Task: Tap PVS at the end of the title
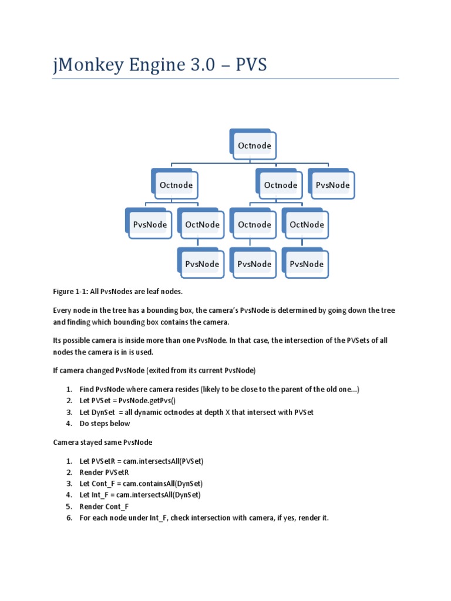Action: pyautogui.click(x=251, y=64)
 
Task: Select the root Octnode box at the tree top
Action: pyautogui.click(x=254, y=144)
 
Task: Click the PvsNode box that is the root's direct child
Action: pyautogui.click(x=332, y=185)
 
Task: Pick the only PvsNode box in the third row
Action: pyautogui.click(x=150, y=224)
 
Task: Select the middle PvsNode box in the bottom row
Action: pyautogui.click(x=254, y=264)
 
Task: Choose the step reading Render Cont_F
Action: pyautogui.click(x=105, y=507)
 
